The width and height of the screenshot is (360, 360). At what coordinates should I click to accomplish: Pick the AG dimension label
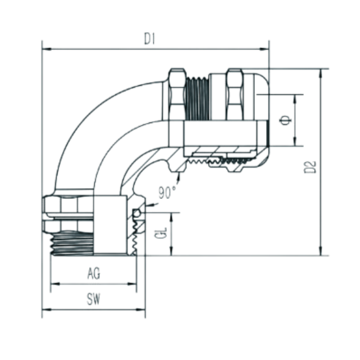(93, 275)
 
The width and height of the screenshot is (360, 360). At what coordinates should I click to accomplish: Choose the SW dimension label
(93, 300)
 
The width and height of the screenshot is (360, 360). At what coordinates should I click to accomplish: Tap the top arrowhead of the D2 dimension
(320, 72)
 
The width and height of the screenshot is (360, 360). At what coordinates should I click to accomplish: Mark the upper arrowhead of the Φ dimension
(297, 98)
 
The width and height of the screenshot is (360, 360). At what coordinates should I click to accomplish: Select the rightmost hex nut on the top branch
(235, 94)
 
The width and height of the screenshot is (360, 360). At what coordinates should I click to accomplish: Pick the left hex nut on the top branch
(176, 94)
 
